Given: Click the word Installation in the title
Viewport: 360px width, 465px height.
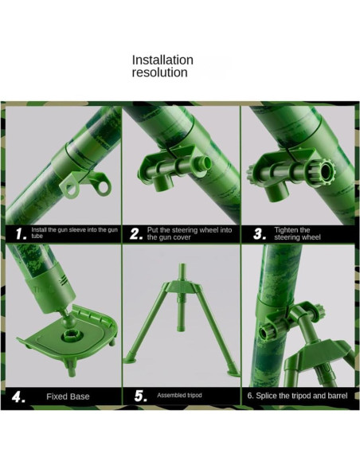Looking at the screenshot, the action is (162, 60).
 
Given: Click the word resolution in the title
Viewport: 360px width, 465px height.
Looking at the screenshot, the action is (159, 72).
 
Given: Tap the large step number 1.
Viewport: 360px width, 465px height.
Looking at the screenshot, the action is (22, 234).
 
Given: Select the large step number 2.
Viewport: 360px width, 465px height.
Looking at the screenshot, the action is (136, 234).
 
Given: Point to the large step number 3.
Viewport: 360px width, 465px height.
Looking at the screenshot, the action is (260, 234).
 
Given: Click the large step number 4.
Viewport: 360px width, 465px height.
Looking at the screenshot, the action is (18, 397).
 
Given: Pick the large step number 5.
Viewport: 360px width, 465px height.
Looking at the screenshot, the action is (140, 396).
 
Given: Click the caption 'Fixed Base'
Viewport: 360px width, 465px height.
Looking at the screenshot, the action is (68, 397).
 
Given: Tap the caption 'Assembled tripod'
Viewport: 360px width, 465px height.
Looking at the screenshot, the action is (179, 395).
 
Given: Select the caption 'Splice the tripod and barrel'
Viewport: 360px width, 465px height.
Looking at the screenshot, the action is (301, 396).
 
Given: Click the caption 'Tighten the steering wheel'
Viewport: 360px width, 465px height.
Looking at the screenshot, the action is (297, 233).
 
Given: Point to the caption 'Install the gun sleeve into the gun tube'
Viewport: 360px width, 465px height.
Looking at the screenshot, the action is (74, 232).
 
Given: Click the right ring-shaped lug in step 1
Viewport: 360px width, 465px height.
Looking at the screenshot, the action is (103, 187).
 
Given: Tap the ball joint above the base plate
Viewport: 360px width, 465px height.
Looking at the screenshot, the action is (69, 321).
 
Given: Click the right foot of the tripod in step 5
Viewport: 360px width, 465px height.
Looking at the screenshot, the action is (233, 373).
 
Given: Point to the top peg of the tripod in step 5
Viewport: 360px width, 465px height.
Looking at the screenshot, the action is (182, 272).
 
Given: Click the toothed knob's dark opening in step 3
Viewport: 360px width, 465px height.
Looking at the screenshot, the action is (326, 170).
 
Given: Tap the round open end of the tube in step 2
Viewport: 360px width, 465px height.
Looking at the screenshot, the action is (205, 162).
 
